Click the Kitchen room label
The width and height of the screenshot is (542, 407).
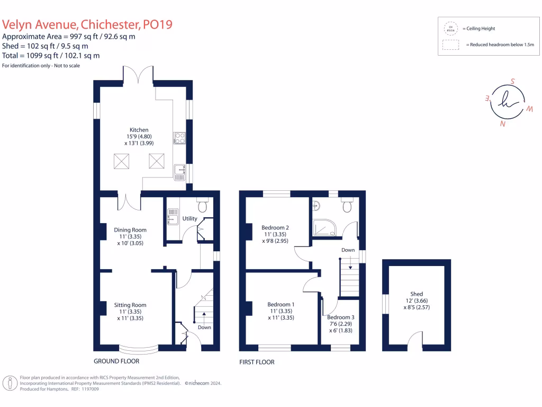pos(139,130)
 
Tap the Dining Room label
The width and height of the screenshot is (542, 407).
pos(130,230)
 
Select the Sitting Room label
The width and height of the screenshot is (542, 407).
pos(130,305)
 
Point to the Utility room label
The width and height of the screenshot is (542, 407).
pos(189,218)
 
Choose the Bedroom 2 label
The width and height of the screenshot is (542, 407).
pos(275,227)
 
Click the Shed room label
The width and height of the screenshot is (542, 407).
pos(417,294)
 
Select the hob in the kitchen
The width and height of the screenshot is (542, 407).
pos(179,138)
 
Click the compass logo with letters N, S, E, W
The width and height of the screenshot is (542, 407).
pos(507,102)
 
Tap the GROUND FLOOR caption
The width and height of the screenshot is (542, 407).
pos(116,361)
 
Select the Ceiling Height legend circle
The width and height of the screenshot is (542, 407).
pos(451,28)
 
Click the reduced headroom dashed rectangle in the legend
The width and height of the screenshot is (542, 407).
pos(451,45)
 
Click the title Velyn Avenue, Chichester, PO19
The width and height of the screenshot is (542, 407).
pos(87,24)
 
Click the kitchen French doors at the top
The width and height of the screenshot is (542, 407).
pos(139,76)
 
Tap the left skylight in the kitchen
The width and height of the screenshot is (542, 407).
pos(122,160)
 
